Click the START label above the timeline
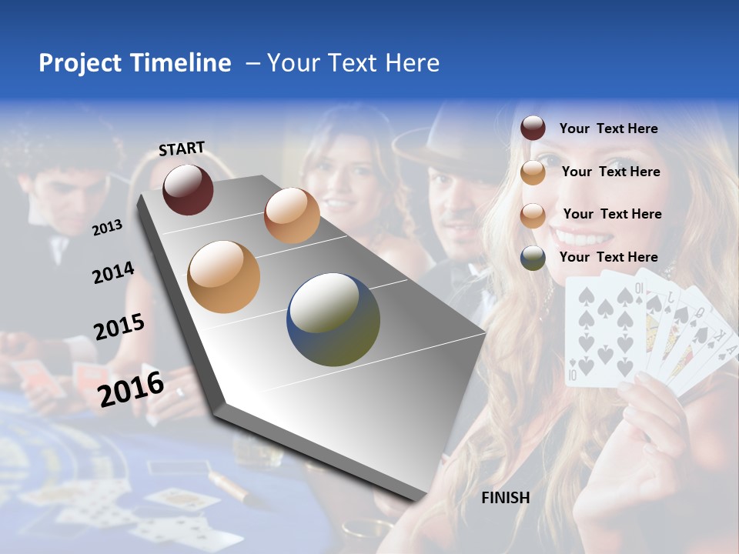point(182,149)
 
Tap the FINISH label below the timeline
point(505,498)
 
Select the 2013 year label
point(108,227)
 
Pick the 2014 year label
point(113,273)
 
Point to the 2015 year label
point(119,327)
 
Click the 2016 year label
point(131,389)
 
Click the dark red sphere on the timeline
point(188,189)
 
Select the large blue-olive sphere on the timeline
point(333,319)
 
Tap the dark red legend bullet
point(533,128)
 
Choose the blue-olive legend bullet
point(533,257)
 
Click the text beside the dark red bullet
point(608,128)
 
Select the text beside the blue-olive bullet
point(608,257)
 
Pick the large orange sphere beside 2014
point(224,277)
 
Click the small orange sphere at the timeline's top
point(292,215)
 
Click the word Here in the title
point(412,63)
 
